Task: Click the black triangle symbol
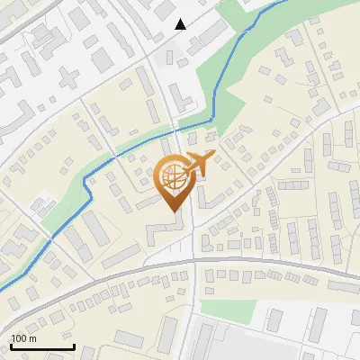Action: (181, 24)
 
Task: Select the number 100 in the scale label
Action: (19, 338)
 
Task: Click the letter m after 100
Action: (32, 338)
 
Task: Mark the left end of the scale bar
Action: (10, 346)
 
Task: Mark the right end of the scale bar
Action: (74, 346)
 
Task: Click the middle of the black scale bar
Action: (41, 346)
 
